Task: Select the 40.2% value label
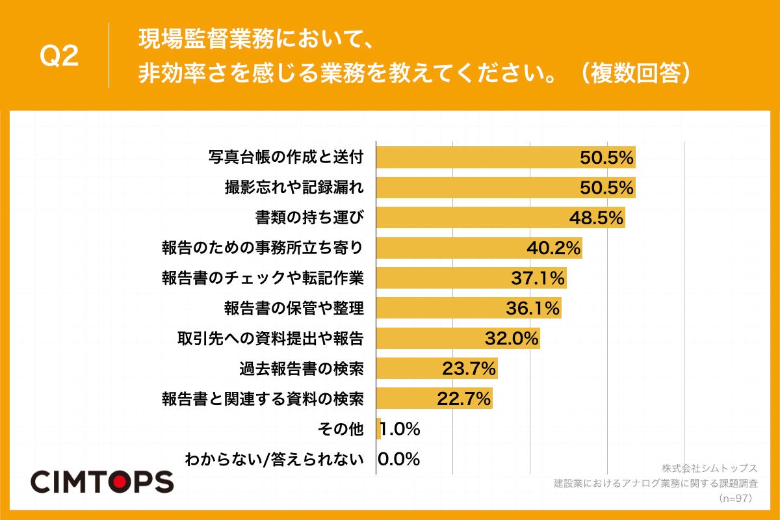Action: point(552,248)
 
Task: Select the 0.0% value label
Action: point(399,460)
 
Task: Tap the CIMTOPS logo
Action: point(102,482)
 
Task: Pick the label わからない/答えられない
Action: point(274,460)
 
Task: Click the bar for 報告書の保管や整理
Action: point(455,308)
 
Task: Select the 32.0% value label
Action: point(512,339)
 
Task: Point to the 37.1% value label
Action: point(538,278)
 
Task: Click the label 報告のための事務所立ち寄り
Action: point(262,248)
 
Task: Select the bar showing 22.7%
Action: point(416,398)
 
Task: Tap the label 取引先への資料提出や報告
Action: point(270,339)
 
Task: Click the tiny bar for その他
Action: point(378,429)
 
